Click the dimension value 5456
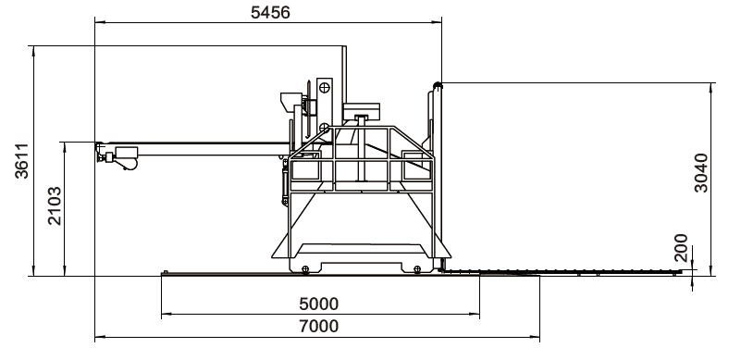[x=270, y=12]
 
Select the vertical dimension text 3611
[x=21, y=161]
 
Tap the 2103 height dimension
[x=55, y=205]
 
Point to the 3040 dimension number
[x=701, y=173]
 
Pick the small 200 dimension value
[x=681, y=247]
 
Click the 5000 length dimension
[x=319, y=304]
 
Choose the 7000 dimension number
[x=319, y=327]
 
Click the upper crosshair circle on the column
[x=324, y=88]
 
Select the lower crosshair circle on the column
[x=324, y=128]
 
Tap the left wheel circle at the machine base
[x=305, y=269]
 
